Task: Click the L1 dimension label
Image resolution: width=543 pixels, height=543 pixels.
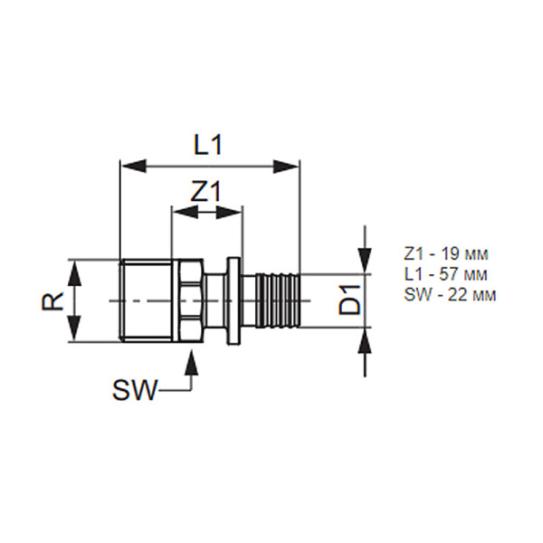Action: tap(209, 145)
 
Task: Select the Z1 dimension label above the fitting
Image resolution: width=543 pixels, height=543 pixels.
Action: tap(206, 192)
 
